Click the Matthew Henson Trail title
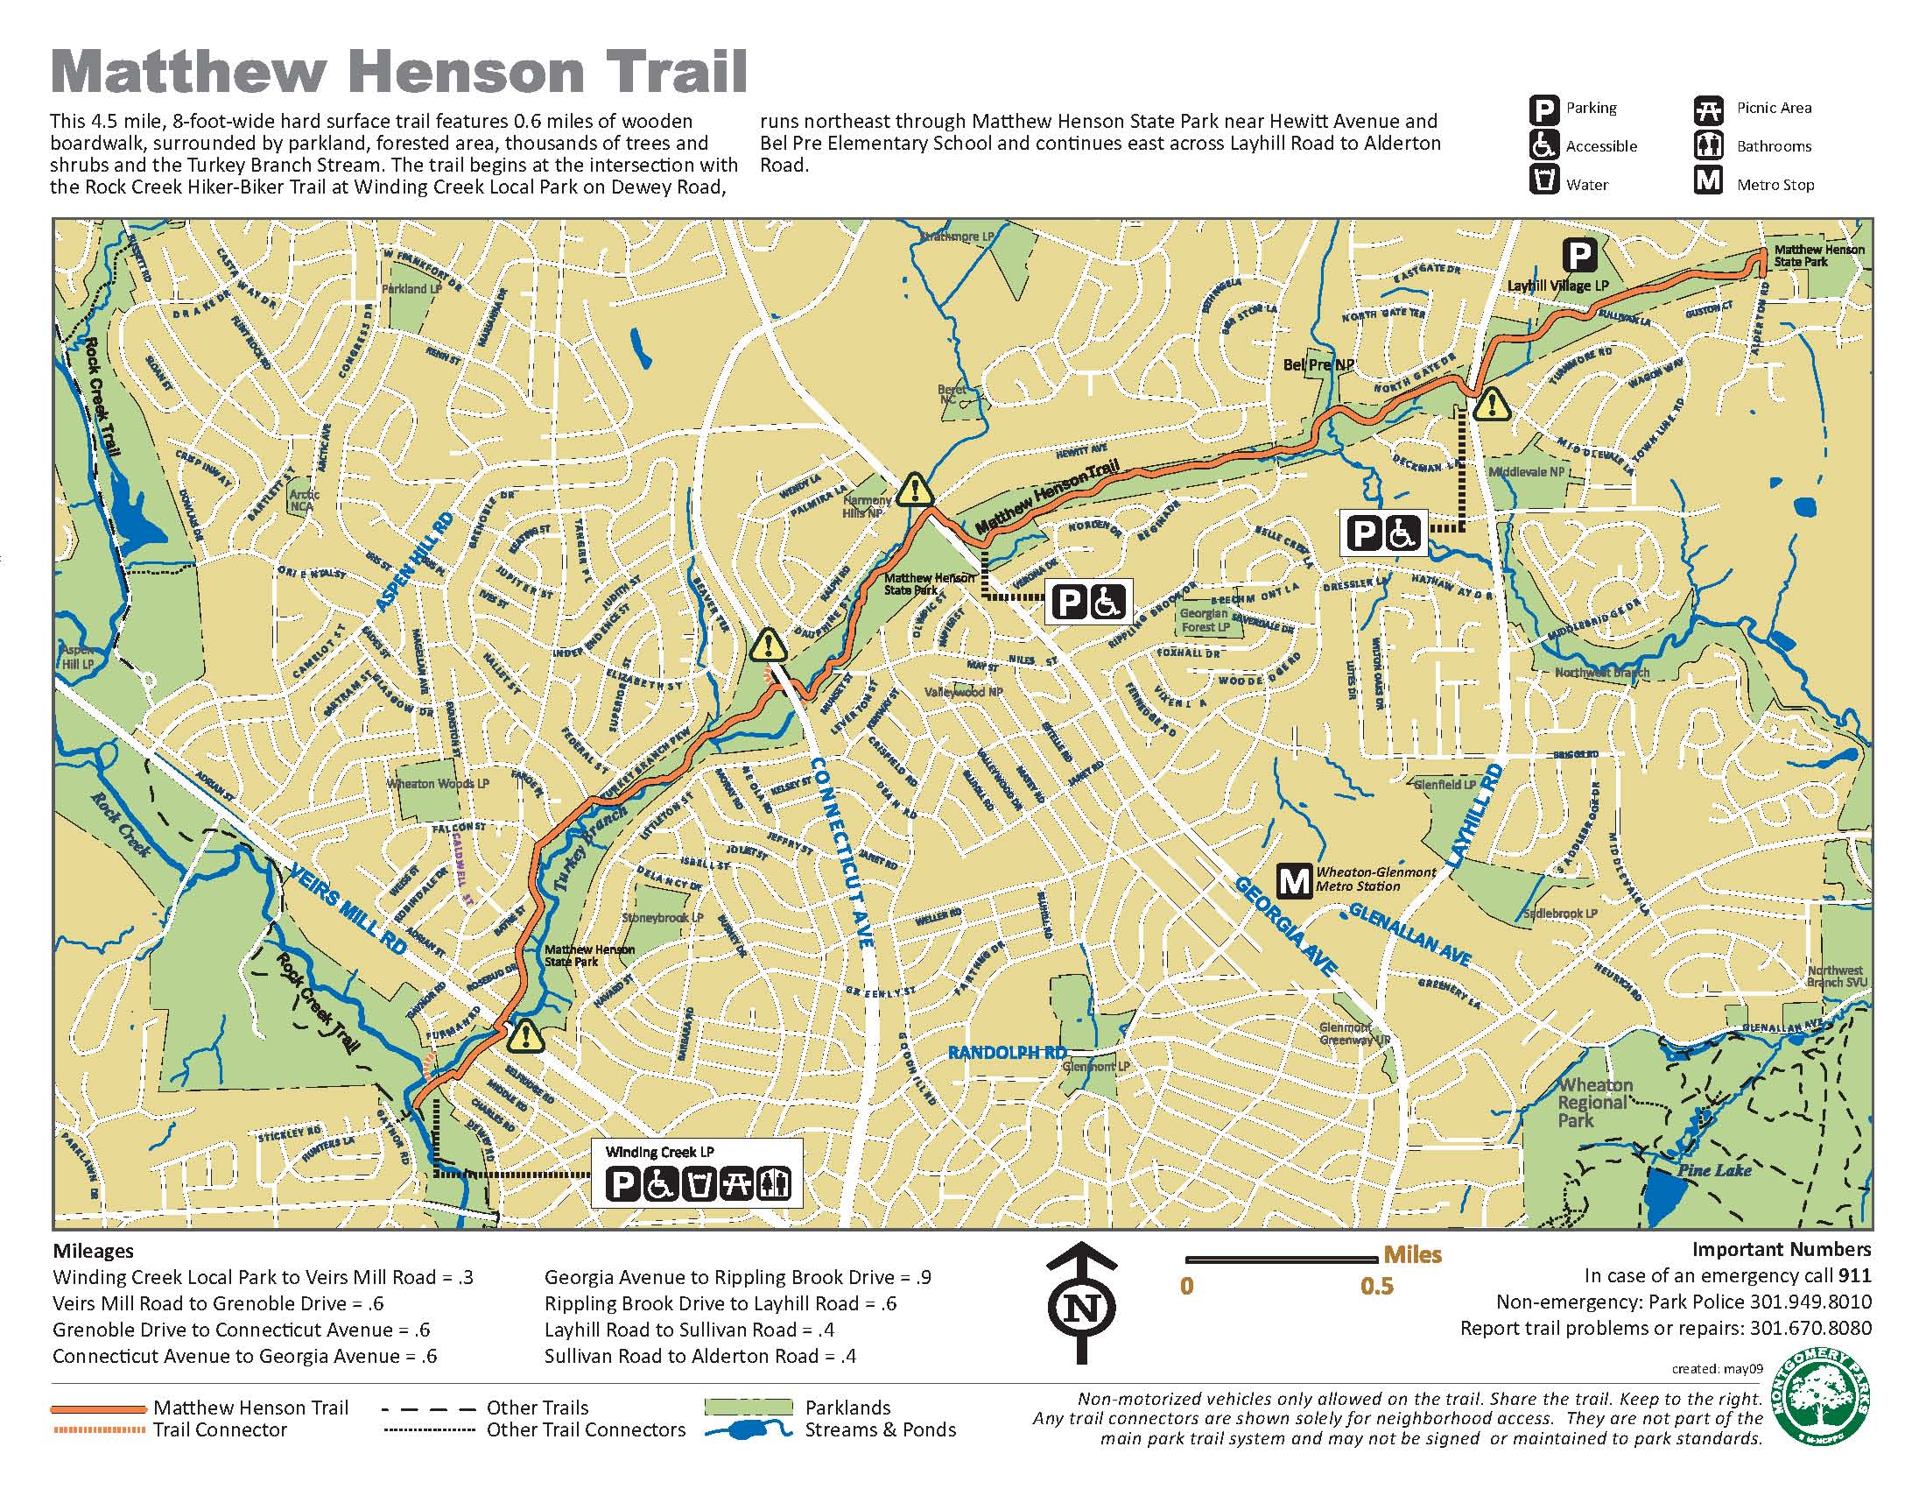pyautogui.click(x=399, y=73)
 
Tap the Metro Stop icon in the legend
pyautogui.click(x=1708, y=181)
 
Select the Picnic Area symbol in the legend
pyautogui.click(x=1708, y=109)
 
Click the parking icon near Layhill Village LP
pyautogui.click(x=1579, y=256)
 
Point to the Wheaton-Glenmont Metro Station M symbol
pyautogui.click(x=1295, y=880)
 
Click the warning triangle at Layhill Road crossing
pyautogui.click(x=1491, y=404)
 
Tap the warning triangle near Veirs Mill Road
pyautogui.click(x=525, y=1034)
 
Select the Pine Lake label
pyautogui.click(x=1714, y=1170)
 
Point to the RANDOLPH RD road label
pyautogui.click(x=1006, y=1052)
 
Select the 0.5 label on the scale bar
pyautogui.click(x=1375, y=1286)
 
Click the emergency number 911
pyautogui.click(x=1853, y=1275)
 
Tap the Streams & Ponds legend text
pyautogui.click(x=879, y=1430)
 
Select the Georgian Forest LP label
pyautogui.click(x=1204, y=619)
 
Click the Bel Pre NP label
pyautogui.click(x=1318, y=364)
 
